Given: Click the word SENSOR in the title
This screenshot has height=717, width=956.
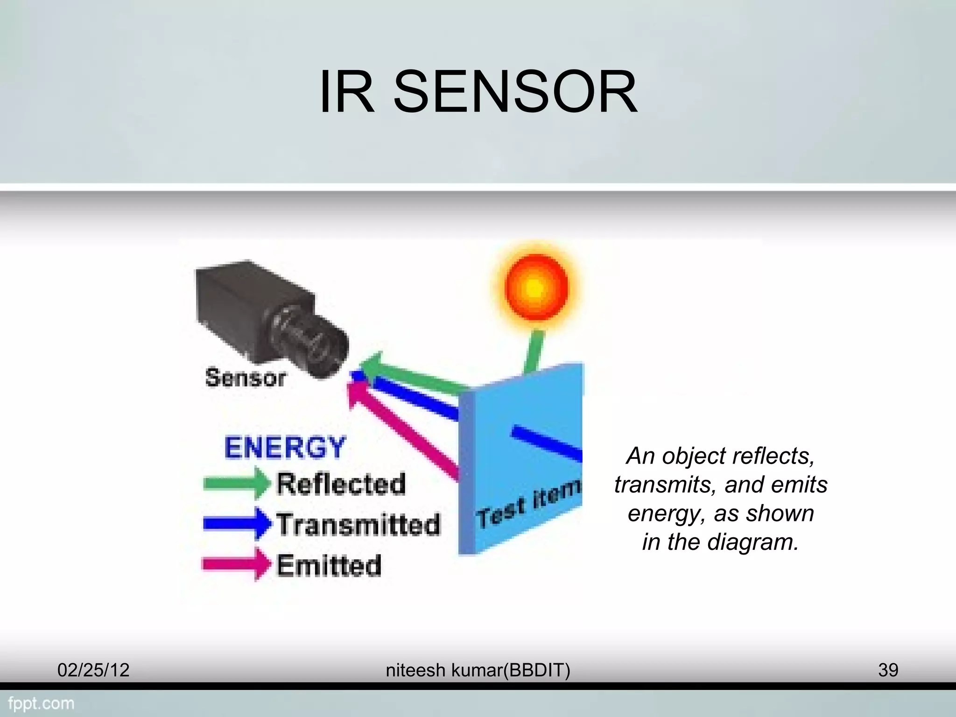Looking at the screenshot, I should [x=515, y=92].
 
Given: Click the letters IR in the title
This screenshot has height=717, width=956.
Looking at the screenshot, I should [x=346, y=92].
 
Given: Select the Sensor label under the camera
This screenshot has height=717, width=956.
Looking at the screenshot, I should [x=246, y=378].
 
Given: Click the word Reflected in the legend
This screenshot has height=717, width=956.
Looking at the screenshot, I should [x=341, y=484].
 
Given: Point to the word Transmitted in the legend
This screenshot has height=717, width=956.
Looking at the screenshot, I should [x=358, y=524].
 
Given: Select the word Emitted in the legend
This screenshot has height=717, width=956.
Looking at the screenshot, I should [x=329, y=565].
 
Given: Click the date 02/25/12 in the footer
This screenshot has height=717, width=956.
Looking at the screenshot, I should [x=93, y=670].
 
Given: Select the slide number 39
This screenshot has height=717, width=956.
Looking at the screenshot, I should [x=888, y=670].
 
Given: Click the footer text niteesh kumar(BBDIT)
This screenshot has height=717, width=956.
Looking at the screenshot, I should [x=478, y=670].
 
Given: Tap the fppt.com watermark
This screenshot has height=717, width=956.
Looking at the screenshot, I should [x=41, y=703].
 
